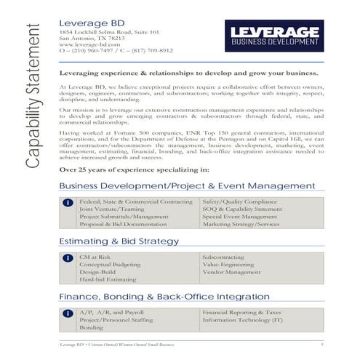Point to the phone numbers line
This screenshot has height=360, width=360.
tap(116, 50)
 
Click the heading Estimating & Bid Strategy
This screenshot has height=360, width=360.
tap(119, 241)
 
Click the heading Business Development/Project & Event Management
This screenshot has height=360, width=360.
tap(186, 186)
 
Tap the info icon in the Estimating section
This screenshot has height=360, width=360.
tap(67, 258)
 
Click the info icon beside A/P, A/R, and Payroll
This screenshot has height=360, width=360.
tap(67, 313)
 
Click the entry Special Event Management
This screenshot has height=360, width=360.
tap(239, 217)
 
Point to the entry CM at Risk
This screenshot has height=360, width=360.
tap(95, 257)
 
